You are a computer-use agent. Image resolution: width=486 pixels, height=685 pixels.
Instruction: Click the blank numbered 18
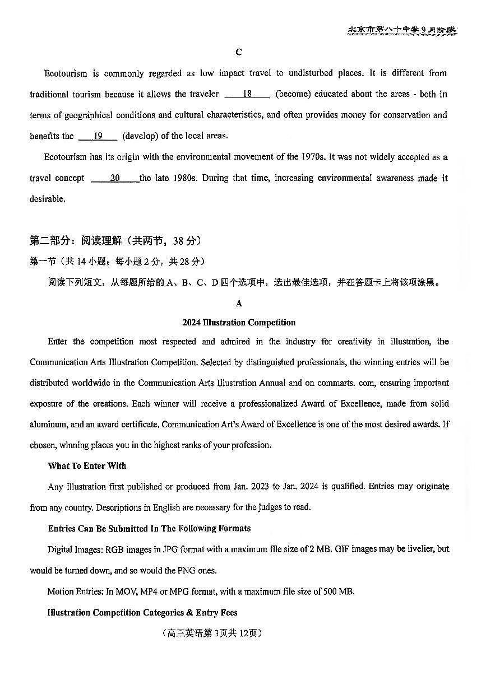click(x=247, y=94)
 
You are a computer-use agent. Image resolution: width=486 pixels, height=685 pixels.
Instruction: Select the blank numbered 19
click(x=98, y=136)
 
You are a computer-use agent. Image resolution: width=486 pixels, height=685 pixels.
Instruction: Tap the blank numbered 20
click(x=114, y=178)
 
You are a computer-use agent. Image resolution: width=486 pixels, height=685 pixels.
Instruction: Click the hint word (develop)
click(x=141, y=136)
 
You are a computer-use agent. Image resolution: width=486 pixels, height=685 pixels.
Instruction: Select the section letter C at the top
click(x=239, y=52)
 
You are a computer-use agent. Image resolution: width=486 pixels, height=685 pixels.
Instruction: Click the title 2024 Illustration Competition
click(x=239, y=323)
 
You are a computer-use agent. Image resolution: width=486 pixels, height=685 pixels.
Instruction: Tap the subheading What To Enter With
click(x=87, y=466)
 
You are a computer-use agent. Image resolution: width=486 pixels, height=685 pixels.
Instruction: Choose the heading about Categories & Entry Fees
click(x=142, y=613)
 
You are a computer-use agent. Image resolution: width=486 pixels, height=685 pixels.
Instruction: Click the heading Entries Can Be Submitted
click(x=149, y=529)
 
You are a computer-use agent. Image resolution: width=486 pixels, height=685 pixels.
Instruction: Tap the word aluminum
click(x=48, y=425)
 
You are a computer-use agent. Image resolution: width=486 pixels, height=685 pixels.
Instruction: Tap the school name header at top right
click(x=402, y=31)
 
